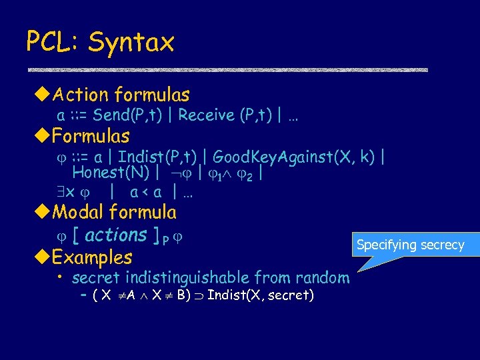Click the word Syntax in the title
(x=131, y=42)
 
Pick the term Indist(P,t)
(x=157, y=157)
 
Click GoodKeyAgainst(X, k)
(x=295, y=157)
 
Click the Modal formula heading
(x=114, y=213)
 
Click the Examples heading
(x=92, y=257)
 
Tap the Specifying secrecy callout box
(x=410, y=245)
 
